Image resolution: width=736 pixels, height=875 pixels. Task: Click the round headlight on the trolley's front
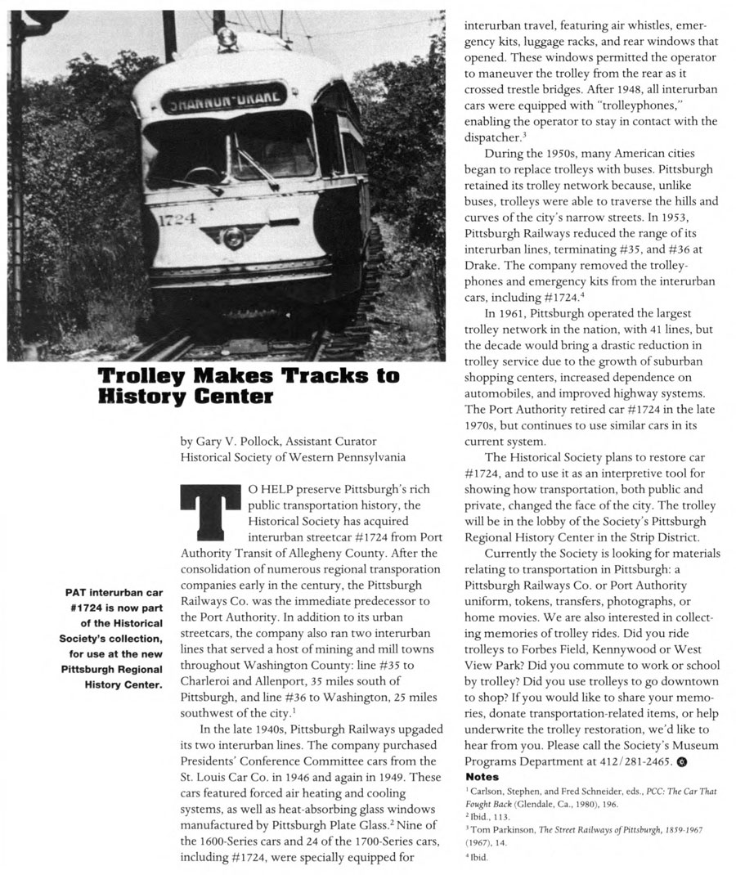pyautogui.click(x=234, y=238)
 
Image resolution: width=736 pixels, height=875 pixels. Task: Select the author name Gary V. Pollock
pyautogui.click(x=234, y=442)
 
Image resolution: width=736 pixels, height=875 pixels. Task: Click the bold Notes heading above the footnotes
pyautogui.click(x=482, y=776)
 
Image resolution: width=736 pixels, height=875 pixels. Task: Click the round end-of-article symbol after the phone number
pyautogui.click(x=681, y=763)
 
